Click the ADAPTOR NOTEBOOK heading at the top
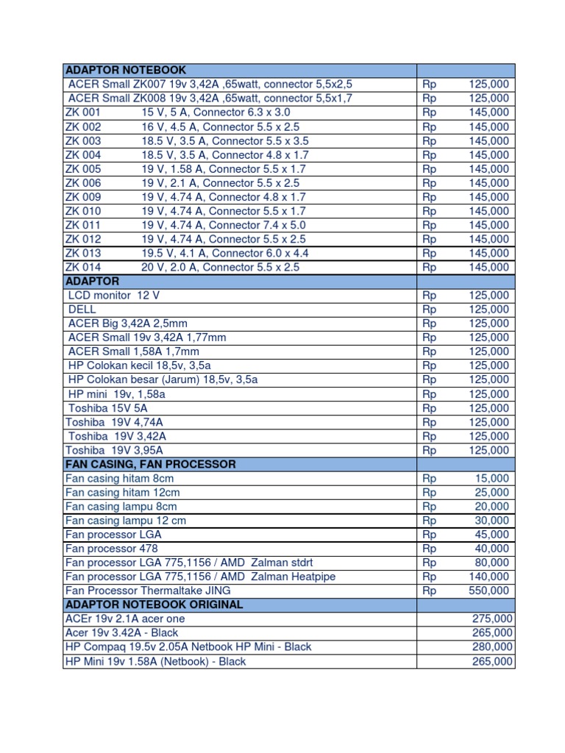click(x=126, y=70)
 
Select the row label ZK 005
click(x=83, y=169)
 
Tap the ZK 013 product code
click(x=83, y=253)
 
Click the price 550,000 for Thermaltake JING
click(x=488, y=590)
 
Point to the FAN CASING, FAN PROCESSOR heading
click(x=151, y=464)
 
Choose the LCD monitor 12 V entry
click(x=114, y=295)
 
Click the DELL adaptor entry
click(x=82, y=310)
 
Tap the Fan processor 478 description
click(x=112, y=549)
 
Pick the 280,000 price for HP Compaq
click(x=492, y=647)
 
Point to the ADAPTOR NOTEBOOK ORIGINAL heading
click(x=154, y=604)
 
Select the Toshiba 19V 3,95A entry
click(x=114, y=450)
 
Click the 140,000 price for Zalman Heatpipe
click(x=488, y=577)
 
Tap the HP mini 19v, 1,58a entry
click(x=117, y=394)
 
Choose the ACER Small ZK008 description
click(x=210, y=98)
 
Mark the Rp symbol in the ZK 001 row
click(x=430, y=113)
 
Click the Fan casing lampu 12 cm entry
click(x=126, y=521)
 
